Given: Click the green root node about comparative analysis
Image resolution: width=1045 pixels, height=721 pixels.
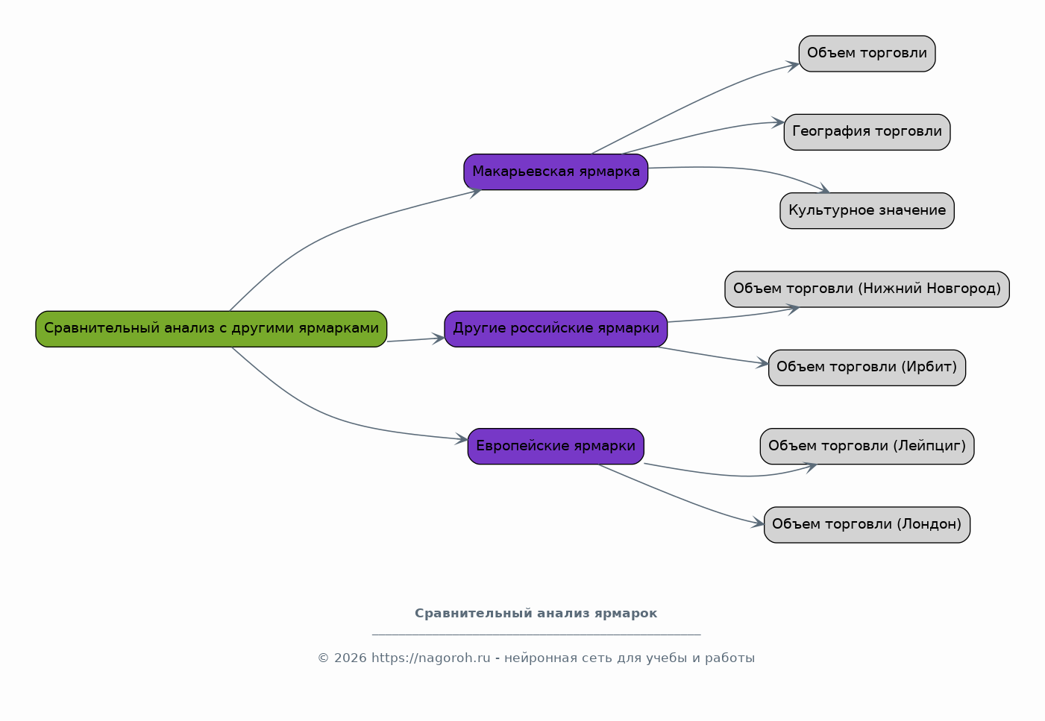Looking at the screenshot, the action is coord(211,329).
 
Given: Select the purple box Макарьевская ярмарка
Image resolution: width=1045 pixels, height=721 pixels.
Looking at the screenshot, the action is coord(556,172).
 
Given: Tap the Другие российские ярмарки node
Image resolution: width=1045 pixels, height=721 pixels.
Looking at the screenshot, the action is coord(556,329).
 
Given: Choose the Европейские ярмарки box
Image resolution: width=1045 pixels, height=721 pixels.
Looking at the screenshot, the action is coord(556,447).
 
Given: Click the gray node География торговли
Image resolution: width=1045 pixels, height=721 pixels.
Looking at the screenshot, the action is coord(867,132).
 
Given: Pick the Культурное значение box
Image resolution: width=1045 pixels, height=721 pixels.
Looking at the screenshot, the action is coord(867,211).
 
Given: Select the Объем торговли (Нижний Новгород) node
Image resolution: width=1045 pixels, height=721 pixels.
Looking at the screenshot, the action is coord(867,289).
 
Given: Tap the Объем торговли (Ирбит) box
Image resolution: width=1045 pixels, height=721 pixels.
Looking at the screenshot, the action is coord(867,368).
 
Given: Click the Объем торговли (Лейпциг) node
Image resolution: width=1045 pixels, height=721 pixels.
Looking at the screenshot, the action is coord(867,447).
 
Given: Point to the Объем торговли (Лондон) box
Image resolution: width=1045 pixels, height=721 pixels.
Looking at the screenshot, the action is coord(867,525).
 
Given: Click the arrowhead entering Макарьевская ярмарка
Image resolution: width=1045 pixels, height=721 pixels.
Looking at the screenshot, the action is coord(476,192).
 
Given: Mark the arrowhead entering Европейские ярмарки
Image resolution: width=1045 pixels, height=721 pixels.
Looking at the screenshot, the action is coord(462,439).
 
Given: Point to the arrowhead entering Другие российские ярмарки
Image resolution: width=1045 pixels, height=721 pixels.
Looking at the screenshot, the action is coord(439,339).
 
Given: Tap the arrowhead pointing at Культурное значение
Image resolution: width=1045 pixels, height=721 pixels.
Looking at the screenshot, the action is coord(824,189).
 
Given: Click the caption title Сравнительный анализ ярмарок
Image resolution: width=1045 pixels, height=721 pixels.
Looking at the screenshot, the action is coord(536,614).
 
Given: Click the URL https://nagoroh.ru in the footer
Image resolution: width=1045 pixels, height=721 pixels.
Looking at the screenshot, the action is coord(430,658).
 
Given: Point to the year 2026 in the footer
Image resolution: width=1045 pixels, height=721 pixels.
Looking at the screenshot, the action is coord(350,658).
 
